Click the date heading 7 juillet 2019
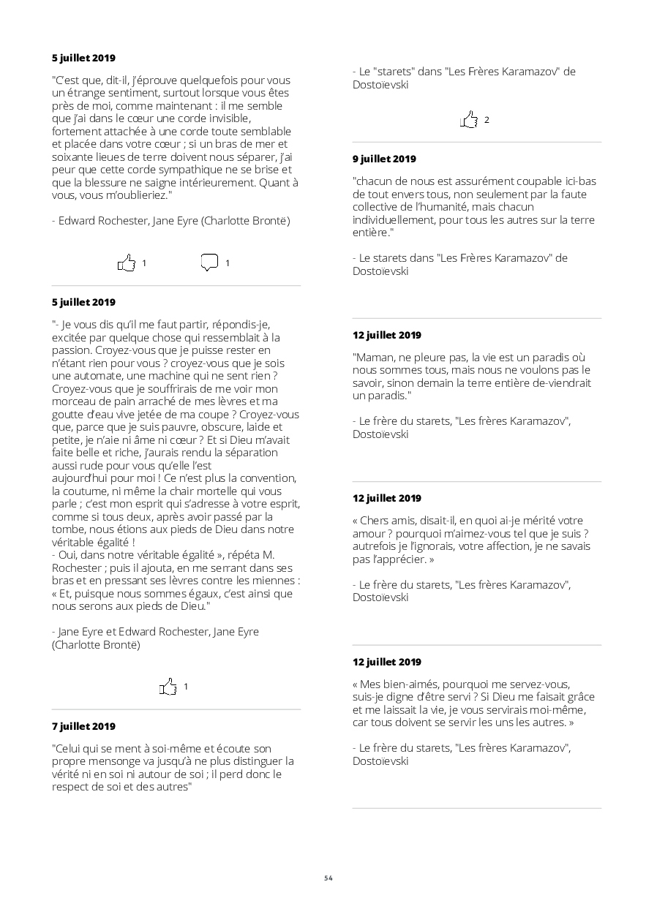pyautogui.click(x=83, y=726)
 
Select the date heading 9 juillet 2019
pyautogui.click(x=384, y=159)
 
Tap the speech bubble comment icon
pyautogui.click(x=209, y=263)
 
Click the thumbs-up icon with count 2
pyautogui.click(x=469, y=119)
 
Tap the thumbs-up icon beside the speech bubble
pyautogui.click(x=127, y=263)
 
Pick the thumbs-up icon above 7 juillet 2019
pyautogui.click(x=168, y=687)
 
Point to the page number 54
pyautogui.click(x=328, y=878)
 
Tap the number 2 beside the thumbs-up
pyautogui.click(x=487, y=120)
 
